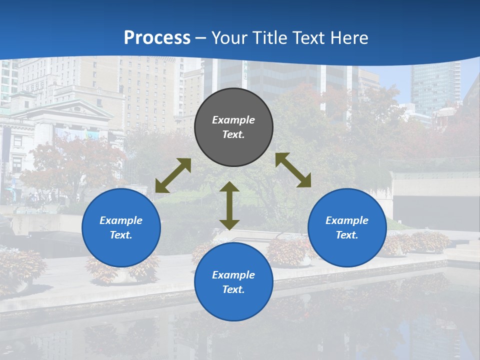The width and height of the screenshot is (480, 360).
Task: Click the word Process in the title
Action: [x=157, y=38]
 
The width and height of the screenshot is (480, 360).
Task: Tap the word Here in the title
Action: [x=350, y=38]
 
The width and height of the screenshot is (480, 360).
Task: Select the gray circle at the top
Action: [x=233, y=127]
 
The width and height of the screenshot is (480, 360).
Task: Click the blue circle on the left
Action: [x=121, y=227]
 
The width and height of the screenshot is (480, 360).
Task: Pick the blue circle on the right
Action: [x=347, y=227]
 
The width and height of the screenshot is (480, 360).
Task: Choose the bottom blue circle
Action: [x=233, y=282]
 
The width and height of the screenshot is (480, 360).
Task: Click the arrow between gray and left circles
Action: [x=173, y=175]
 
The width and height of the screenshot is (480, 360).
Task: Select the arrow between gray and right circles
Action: [x=293, y=170]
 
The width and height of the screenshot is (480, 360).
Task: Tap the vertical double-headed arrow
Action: [x=229, y=205]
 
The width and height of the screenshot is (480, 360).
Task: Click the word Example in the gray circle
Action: [x=233, y=120]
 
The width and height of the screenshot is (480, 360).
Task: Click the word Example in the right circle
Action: [x=347, y=220]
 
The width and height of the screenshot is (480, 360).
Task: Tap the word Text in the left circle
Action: [x=120, y=235]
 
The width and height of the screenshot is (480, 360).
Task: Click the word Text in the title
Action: [x=310, y=38]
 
